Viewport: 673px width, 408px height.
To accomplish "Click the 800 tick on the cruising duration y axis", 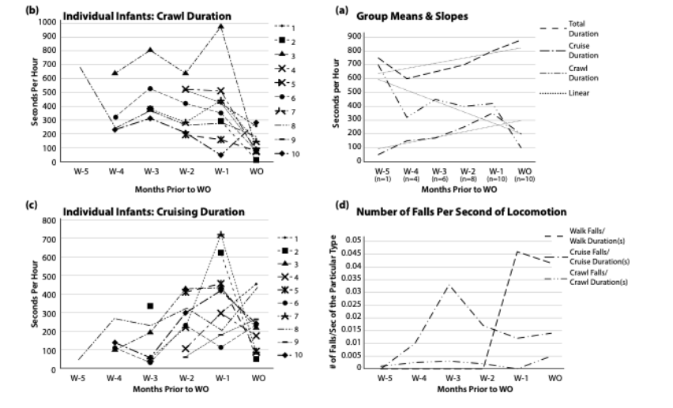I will click(50, 221).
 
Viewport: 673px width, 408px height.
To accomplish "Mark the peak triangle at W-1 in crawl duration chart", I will click(221, 26).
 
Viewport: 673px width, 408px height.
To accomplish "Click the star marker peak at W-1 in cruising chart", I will click(221, 235).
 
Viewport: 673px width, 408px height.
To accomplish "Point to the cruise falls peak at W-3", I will click(448, 285).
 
